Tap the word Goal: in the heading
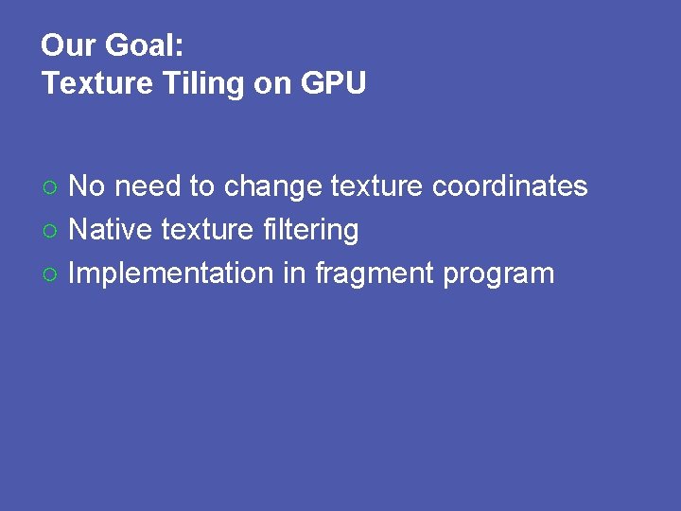143,44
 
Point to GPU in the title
334,84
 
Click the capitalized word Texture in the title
96,84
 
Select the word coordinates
510,186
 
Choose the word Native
110,230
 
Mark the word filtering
307,230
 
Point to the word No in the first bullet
87,186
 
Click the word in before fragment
293,273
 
